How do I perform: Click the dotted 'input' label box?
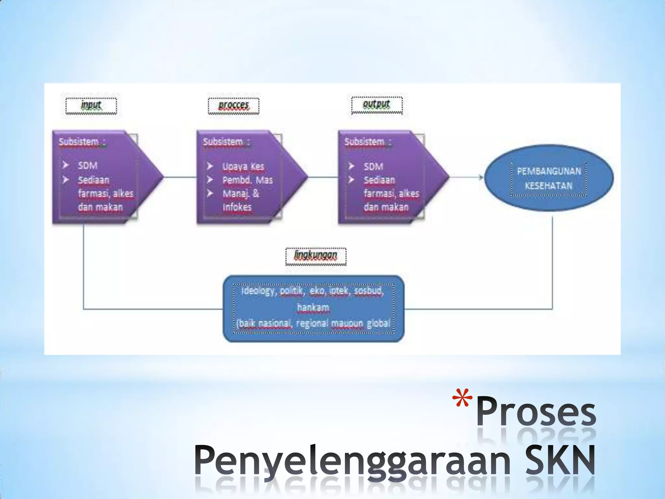91,106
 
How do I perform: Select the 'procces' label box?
233,106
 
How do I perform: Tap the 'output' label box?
377,105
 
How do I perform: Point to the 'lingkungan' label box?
316,256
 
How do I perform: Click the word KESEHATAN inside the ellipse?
548,186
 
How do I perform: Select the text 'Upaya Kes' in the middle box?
243,167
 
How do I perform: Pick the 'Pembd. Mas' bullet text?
247,180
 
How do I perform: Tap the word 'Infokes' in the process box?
237,207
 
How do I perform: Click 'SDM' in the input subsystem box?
88,166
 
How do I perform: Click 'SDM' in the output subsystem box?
373,167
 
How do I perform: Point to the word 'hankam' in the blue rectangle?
313,307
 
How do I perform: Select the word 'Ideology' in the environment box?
258,291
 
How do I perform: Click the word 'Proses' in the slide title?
536,413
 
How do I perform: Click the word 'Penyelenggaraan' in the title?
352,461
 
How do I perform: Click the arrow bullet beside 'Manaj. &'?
210,194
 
